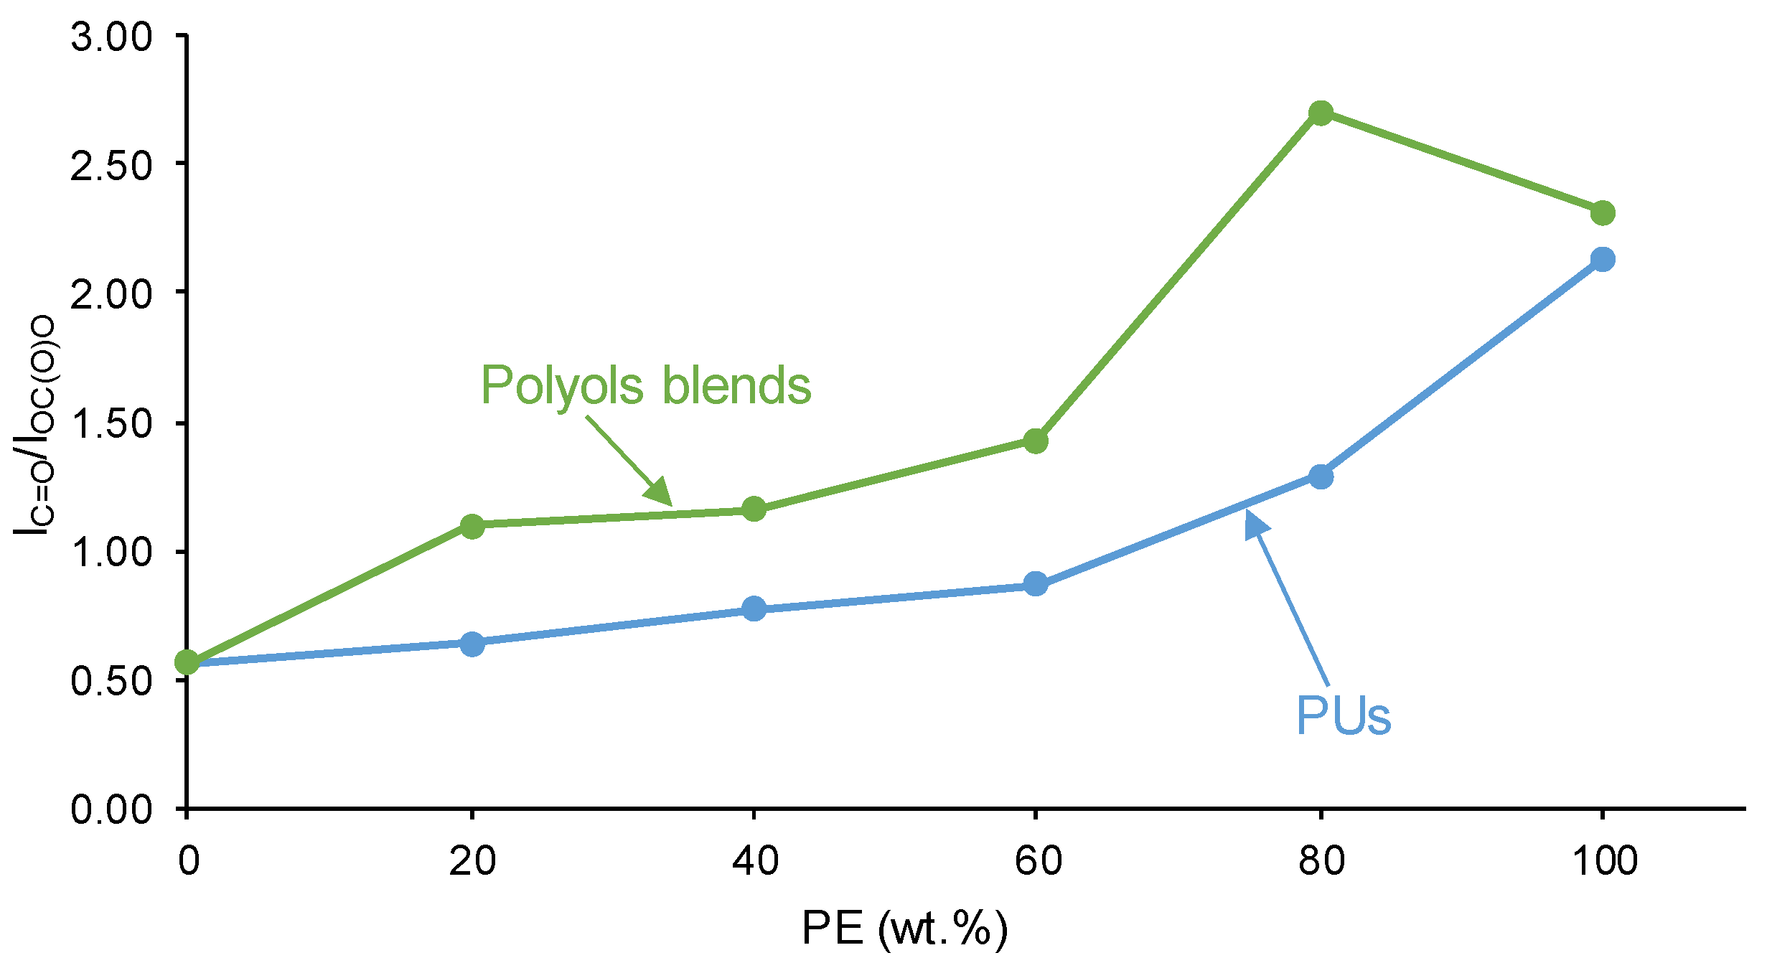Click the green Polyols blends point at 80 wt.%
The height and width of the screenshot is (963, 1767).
pyautogui.click(x=1321, y=113)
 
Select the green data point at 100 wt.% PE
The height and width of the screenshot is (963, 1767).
pyautogui.click(x=1603, y=213)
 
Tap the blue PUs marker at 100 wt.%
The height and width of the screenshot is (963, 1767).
pyautogui.click(x=1603, y=259)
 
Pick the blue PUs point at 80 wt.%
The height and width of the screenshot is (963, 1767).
pyautogui.click(x=1321, y=476)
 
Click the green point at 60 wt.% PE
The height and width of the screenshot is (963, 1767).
pyautogui.click(x=1036, y=441)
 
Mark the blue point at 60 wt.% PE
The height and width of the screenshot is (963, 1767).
pyautogui.click(x=1036, y=583)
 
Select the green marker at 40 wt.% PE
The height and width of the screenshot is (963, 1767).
pyautogui.click(x=754, y=509)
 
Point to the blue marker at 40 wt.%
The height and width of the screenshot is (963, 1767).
pyautogui.click(x=754, y=609)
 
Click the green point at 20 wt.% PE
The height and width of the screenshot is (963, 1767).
pyautogui.click(x=472, y=526)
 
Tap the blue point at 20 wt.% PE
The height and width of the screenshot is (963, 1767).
pyautogui.click(x=472, y=644)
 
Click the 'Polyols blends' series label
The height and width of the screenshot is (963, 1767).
pyautogui.click(x=645, y=386)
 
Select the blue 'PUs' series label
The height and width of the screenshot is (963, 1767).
pyautogui.click(x=1344, y=715)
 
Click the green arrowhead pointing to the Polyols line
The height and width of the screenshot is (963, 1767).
pyautogui.click(x=659, y=492)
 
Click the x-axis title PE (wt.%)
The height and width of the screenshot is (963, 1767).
pyautogui.click(x=904, y=929)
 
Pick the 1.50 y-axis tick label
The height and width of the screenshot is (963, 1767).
pyautogui.click(x=111, y=423)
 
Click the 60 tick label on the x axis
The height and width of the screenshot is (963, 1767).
pyautogui.click(x=1037, y=860)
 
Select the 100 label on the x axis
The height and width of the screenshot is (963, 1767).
pyautogui.click(x=1605, y=860)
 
